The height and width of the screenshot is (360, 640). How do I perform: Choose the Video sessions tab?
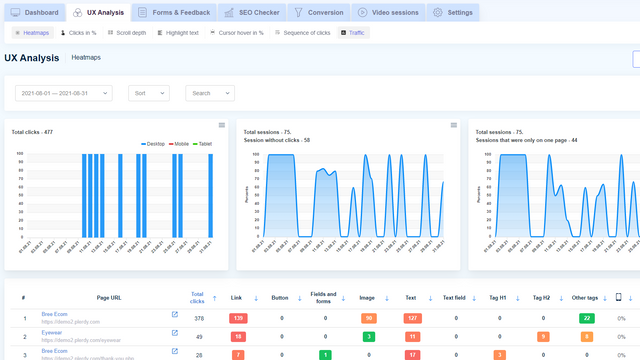[x=388, y=12]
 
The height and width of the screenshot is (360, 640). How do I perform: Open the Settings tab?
[x=453, y=12]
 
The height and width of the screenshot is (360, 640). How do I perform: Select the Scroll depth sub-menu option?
[x=127, y=33]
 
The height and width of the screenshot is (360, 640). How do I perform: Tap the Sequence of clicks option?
[x=301, y=33]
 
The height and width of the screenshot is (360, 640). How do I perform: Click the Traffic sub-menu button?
[x=352, y=33]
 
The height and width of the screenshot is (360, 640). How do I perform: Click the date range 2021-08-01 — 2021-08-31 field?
[x=67, y=93]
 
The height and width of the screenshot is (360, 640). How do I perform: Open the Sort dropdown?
[x=148, y=93]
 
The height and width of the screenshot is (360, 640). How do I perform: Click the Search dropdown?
[x=209, y=93]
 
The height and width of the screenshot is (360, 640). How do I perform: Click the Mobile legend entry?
[x=180, y=143]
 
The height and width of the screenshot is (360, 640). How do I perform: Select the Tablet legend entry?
[x=203, y=143]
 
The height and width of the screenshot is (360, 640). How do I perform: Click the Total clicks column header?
[x=198, y=297]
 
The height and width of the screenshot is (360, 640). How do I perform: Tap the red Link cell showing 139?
[x=237, y=318]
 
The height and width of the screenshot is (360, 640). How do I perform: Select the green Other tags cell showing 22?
[x=586, y=318]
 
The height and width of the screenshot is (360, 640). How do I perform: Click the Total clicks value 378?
[x=198, y=318]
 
